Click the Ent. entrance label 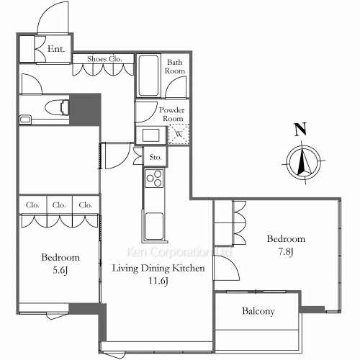[x=56, y=49]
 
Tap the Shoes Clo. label [x=104, y=59]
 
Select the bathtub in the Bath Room [x=148, y=76]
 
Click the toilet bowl [x=57, y=107]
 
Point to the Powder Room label [x=172, y=114]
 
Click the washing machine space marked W [x=179, y=134]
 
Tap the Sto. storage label [x=156, y=157]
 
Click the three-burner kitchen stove [x=154, y=178]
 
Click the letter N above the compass [x=300, y=129]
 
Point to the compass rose [x=304, y=163]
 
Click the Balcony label [x=258, y=311]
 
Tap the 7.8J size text [x=286, y=252]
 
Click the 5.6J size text [x=60, y=271]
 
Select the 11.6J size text [x=158, y=281]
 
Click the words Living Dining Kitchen [x=158, y=268]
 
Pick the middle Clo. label [x=59, y=205]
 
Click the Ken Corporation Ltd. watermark [x=179, y=252]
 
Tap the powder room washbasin [x=151, y=135]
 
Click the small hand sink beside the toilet [x=25, y=120]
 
